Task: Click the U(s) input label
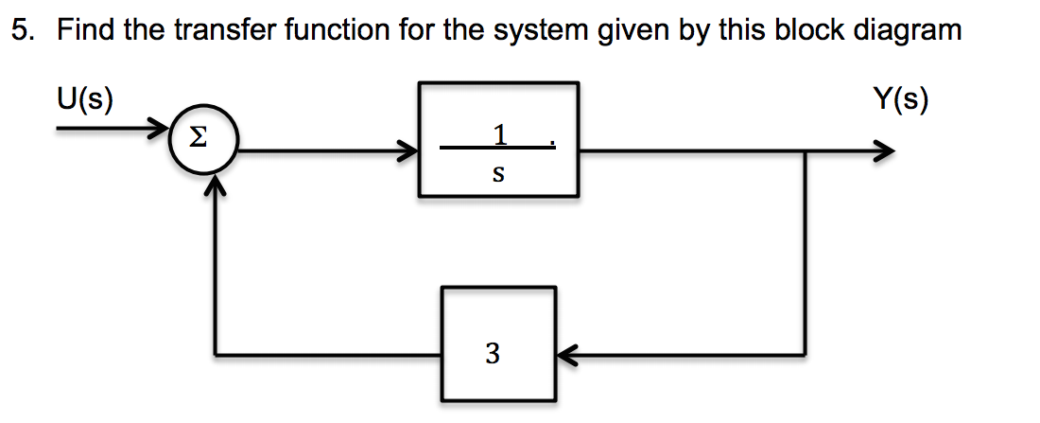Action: (x=84, y=99)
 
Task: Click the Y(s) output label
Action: (x=901, y=99)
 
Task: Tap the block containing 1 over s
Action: (x=498, y=140)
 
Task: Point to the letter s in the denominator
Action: (x=497, y=174)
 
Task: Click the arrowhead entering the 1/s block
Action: (x=407, y=150)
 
